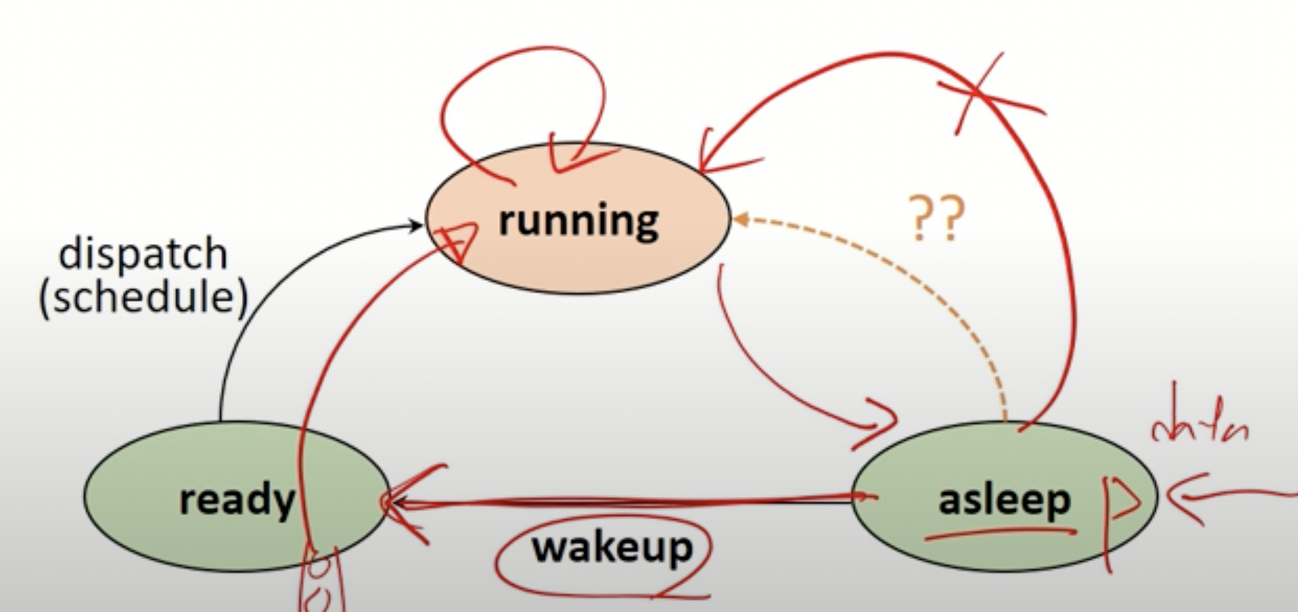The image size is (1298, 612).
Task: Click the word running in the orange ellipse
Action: click(x=578, y=221)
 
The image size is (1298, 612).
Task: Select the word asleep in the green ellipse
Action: click(x=1004, y=500)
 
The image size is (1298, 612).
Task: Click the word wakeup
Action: click(x=612, y=548)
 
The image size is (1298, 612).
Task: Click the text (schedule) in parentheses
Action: click(x=143, y=298)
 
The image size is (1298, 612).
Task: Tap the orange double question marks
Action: click(x=937, y=218)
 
